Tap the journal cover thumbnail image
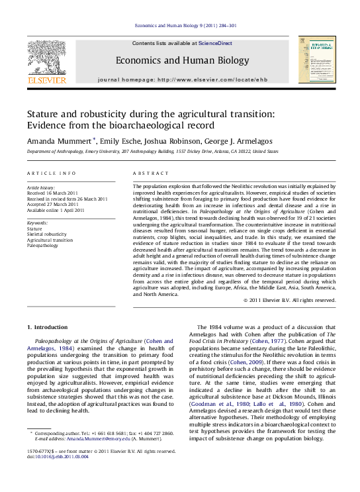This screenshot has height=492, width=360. tap(316, 60)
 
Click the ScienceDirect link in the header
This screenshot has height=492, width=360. tap(216, 43)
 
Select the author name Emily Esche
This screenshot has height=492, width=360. tap(117, 140)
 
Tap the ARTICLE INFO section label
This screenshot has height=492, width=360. tap(51, 173)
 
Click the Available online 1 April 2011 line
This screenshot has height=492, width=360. tap(56, 211)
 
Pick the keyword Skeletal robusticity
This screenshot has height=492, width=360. tap(46, 234)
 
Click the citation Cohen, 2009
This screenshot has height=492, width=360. tap(260, 362)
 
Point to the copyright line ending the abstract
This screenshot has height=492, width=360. tap(290, 300)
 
